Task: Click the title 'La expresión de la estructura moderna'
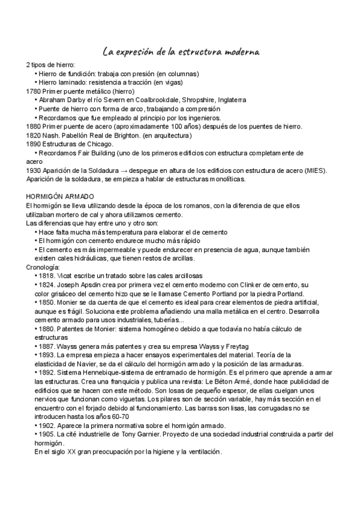(x=181, y=52)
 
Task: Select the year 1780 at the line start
(x=34, y=91)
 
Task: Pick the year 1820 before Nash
(x=34, y=135)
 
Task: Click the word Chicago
(x=98, y=144)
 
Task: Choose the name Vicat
(x=68, y=276)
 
